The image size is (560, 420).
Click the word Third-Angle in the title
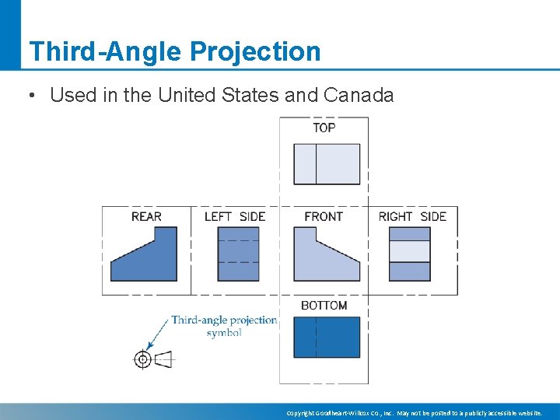105,51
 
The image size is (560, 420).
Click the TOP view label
324,128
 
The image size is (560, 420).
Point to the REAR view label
146,216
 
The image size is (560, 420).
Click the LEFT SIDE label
235,216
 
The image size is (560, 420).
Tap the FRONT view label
324,216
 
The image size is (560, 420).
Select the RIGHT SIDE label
412,216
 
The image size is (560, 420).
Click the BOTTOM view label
324,306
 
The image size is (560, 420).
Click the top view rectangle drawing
327,164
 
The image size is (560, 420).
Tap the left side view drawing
238,254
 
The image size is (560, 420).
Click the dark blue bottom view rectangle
327,337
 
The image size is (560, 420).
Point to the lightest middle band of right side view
409,251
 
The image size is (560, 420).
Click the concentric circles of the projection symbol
142,359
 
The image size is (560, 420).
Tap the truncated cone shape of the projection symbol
163,359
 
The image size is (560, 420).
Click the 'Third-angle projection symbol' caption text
224,326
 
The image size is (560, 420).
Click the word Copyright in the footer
302,413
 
